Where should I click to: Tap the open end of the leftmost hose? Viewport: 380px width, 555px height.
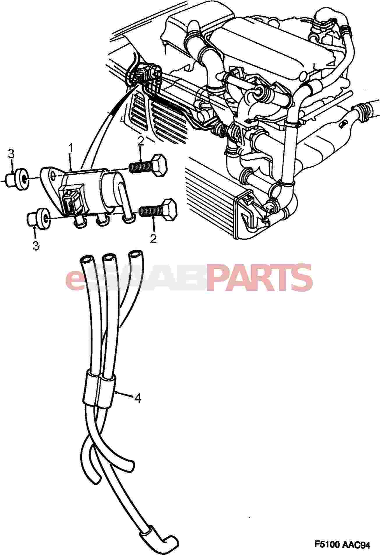click(86, 260)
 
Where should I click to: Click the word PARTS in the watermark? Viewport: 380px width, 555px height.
click(260, 278)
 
